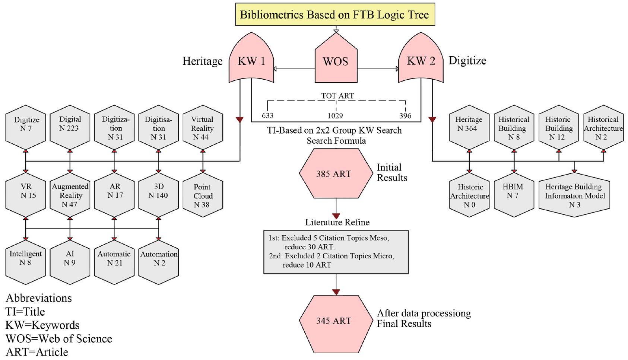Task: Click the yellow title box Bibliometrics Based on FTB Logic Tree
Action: (335, 15)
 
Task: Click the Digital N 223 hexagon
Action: (70, 128)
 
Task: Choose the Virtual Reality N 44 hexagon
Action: (203, 128)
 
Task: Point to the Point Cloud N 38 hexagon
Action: (203, 195)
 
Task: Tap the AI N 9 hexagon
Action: (70, 262)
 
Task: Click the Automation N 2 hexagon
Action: (159, 262)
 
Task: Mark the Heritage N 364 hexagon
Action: (469, 128)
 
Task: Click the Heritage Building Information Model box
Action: (574, 195)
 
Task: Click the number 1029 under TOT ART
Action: (335, 116)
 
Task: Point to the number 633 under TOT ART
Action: (267, 116)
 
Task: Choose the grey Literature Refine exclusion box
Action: (336, 252)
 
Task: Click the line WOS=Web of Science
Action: (59, 338)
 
